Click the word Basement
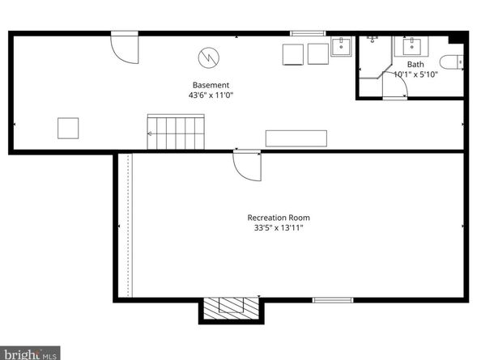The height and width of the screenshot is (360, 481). click(x=211, y=85)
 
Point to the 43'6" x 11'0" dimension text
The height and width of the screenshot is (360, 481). click(x=211, y=95)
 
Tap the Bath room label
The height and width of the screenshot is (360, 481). click(x=415, y=64)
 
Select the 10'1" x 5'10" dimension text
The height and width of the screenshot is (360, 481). click(x=415, y=74)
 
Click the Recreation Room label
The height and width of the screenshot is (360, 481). click(x=279, y=217)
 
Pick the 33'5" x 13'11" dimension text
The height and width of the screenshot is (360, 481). click(x=279, y=227)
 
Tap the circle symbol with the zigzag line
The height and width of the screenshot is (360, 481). click(x=207, y=57)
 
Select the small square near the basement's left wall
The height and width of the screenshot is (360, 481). click(x=68, y=128)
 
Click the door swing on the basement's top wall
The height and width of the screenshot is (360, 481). click(x=125, y=48)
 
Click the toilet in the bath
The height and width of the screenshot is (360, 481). click(x=450, y=61)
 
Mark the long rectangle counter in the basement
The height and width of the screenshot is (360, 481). click(x=296, y=138)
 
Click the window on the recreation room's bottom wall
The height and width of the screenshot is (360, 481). click(x=333, y=300)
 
